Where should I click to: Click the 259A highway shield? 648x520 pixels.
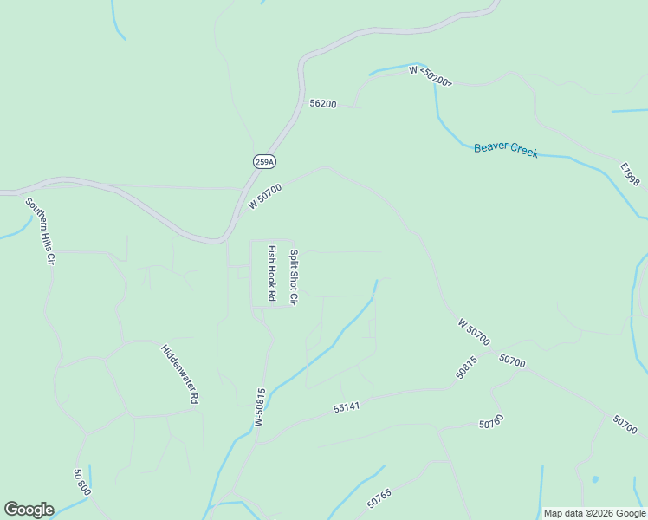coord(264,161)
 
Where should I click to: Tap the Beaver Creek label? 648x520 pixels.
coord(506,150)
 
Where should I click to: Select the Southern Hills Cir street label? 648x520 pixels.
coord(40,231)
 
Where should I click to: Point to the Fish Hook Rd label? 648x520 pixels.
coord(271,273)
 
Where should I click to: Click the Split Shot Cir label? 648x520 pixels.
coord(294,276)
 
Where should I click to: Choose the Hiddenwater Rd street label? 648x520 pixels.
coord(180,374)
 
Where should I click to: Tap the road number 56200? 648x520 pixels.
coord(322,103)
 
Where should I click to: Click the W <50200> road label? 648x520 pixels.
coord(431,75)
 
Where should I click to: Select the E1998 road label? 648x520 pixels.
coord(630,174)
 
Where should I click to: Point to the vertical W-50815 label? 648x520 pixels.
coord(260,406)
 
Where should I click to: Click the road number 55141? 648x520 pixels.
coord(347,406)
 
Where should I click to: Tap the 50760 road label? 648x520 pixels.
coord(491,422)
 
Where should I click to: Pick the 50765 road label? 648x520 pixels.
coord(379,498)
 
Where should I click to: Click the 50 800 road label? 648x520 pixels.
coord(81,483)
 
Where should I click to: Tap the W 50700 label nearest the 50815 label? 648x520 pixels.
coord(474,331)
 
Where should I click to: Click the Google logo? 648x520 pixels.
coord(29,510)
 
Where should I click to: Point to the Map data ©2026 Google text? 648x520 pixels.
coord(593,513)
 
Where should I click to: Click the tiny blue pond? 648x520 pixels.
coord(594,479)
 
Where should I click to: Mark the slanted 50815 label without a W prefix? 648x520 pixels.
coord(466,368)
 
